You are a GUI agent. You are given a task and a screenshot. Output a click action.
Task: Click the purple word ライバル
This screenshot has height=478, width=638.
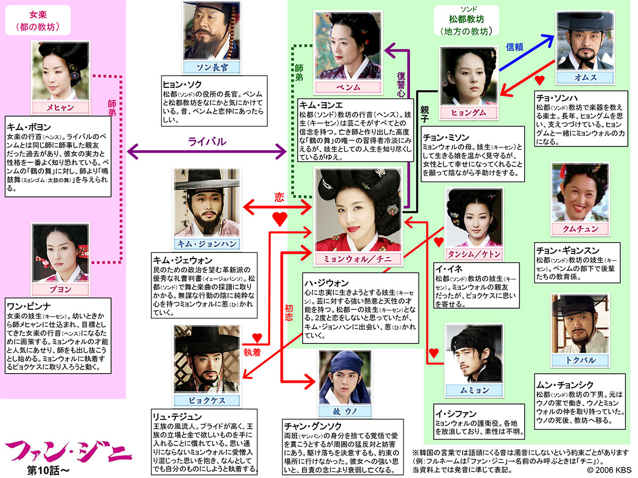click(206, 142)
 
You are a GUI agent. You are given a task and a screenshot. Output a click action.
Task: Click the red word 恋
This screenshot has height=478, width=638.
click(279, 197)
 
